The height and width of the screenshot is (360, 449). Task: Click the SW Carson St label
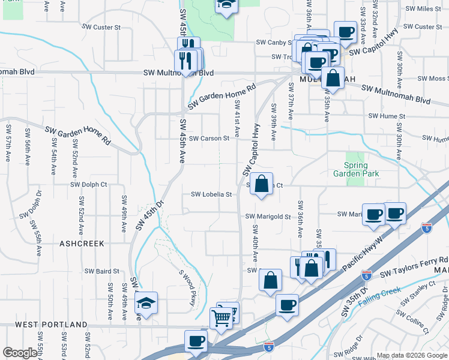[x=209, y=139]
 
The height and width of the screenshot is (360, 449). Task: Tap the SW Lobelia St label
[x=211, y=194]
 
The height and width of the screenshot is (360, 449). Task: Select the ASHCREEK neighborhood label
[x=82, y=244]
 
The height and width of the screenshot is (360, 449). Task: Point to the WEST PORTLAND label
[x=51, y=325]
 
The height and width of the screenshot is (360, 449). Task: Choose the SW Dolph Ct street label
[x=88, y=185]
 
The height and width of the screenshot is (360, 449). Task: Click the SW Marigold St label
[x=268, y=217]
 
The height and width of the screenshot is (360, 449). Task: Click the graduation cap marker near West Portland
[x=145, y=304]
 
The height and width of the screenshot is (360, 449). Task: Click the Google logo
[x=19, y=353]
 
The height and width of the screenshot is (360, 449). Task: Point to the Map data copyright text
[x=411, y=356]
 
